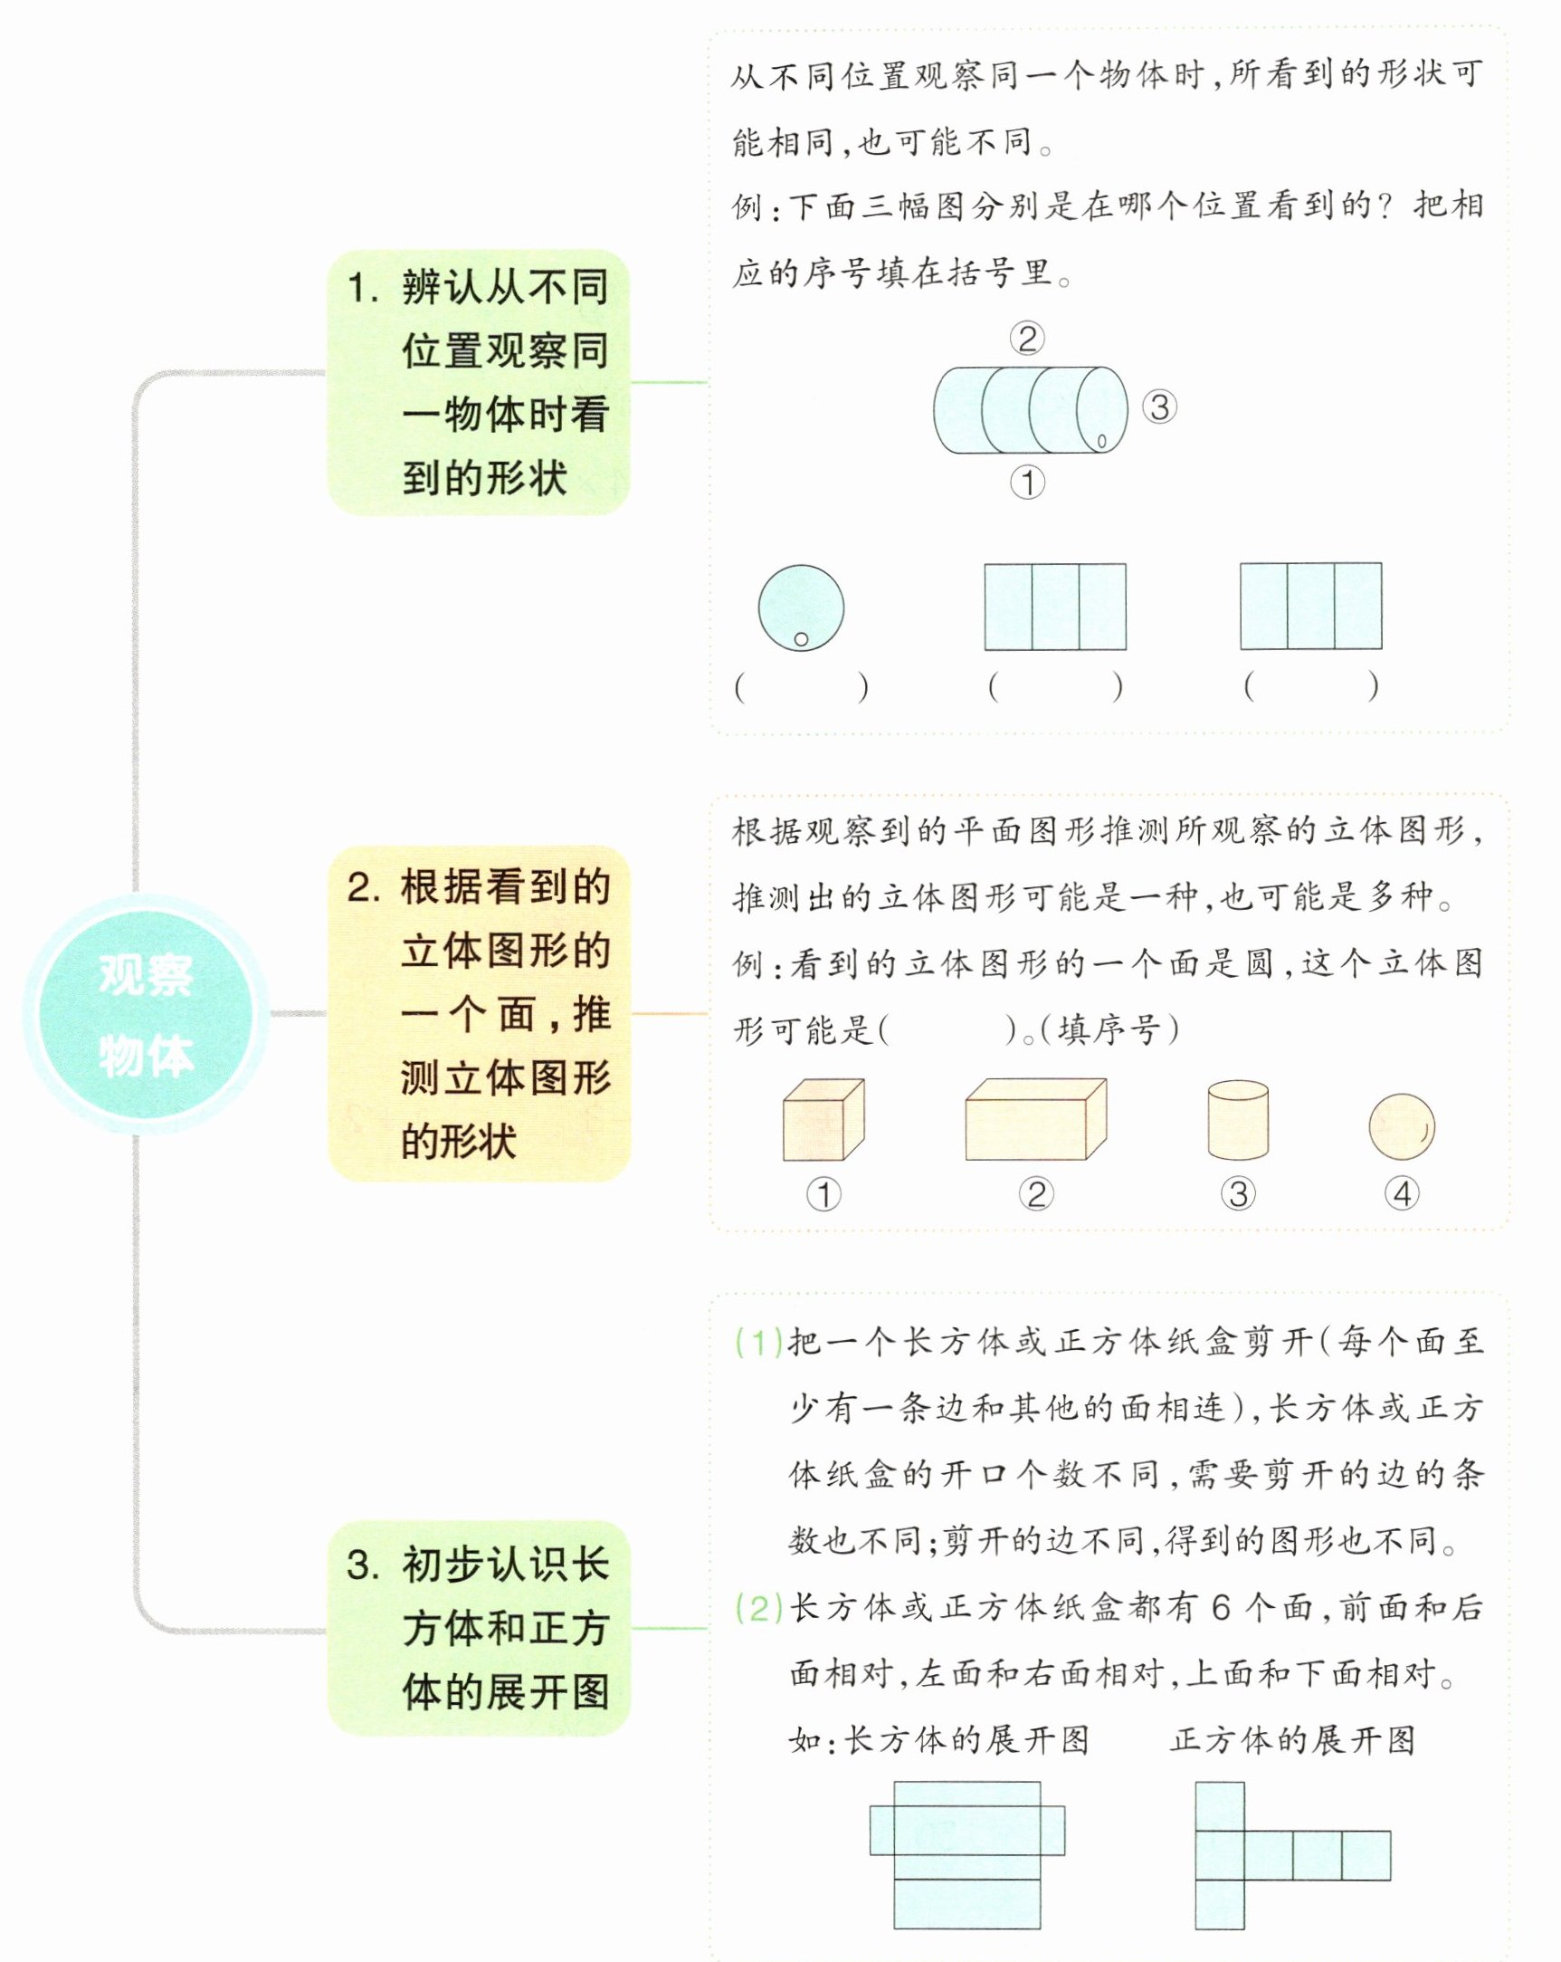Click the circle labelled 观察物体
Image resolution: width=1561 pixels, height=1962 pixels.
[146, 1014]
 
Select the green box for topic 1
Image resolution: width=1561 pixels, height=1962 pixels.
[478, 382]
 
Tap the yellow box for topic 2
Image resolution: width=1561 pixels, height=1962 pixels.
[478, 1014]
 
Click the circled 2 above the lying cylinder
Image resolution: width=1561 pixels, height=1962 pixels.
[1027, 339]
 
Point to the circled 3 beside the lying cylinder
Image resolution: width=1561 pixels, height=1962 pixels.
[1159, 407]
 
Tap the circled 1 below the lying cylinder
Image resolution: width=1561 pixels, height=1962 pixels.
[1028, 483]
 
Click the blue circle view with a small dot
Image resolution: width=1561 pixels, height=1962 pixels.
[801, 607]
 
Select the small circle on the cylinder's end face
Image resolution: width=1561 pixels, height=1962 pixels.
[1100, 441]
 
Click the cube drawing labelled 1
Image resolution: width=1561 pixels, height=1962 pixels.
[823, 1120]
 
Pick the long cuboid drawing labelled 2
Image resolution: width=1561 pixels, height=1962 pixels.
[1035, 1119]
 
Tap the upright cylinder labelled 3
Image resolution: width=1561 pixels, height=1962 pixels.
[1238, 1120]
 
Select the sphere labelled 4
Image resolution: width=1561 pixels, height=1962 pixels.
[1401, 1126]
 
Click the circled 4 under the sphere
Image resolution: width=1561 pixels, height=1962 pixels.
[1402, 1193]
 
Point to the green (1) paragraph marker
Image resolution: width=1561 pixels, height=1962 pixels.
[758, 1343]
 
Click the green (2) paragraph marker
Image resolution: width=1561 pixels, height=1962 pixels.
[758, 1609]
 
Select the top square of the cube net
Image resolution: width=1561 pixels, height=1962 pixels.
[1220, 1806]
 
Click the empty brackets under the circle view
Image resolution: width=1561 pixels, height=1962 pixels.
[801, 687]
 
